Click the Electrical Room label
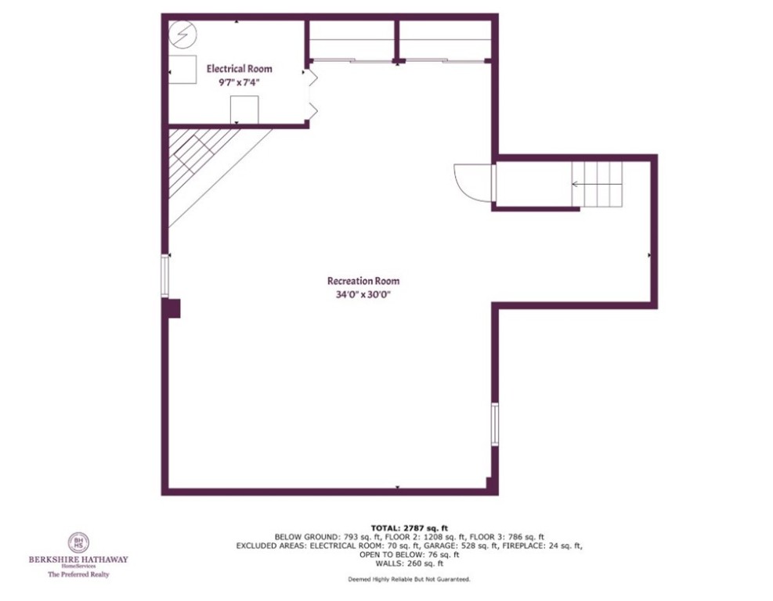239,69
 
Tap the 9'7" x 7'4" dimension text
239,82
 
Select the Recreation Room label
363,281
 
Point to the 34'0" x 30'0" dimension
363,295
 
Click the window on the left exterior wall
165,275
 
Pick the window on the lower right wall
494,424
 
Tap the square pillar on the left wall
173,308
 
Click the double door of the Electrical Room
311,94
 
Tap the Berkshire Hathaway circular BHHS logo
78,543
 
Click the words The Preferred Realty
78,574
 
